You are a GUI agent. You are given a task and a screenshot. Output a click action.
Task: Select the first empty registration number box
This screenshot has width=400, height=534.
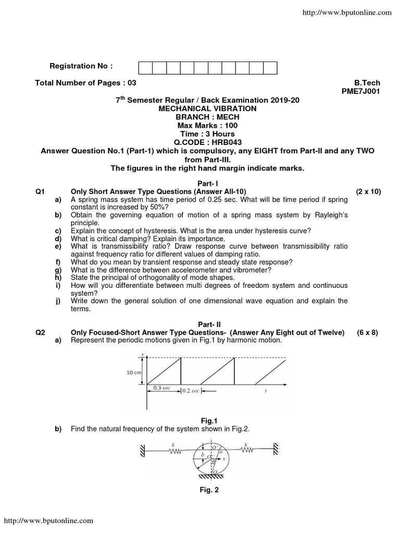click(145, 68)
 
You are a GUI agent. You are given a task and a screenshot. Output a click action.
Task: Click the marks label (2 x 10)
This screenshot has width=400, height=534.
click(368, 191)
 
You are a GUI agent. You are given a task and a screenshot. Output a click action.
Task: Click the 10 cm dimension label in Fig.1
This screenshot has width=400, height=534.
click(134, 373)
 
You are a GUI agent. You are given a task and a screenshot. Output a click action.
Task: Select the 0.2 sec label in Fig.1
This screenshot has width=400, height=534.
click(191, 391)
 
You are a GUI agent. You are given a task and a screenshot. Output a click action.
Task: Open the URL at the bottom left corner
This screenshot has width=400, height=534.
click(49, 520)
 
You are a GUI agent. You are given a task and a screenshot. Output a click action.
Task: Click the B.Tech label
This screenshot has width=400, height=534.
click(367, 83)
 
